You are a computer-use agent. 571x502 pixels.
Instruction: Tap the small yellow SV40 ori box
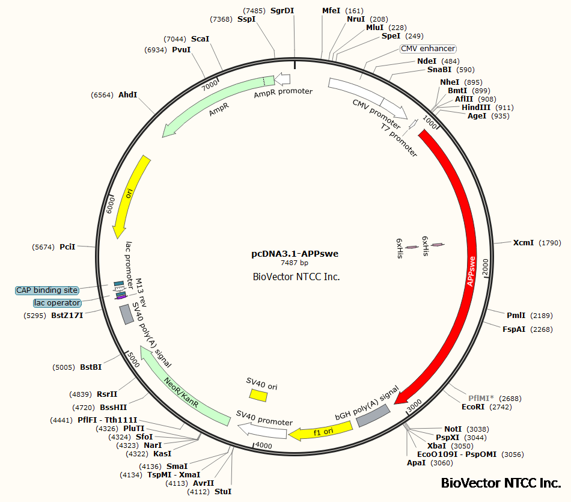point(258,394)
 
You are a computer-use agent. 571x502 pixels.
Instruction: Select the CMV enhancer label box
point(428,48)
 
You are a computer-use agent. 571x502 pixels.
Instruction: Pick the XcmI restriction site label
point(524,243)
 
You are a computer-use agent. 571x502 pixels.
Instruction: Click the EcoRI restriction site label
point(476,407)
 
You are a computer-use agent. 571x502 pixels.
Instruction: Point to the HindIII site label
point(477,108)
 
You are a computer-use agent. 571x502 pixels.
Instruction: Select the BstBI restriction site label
point(91,367)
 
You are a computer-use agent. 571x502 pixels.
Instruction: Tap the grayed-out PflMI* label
point(481,398)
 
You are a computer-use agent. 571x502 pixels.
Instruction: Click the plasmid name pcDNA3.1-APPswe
point(295,254)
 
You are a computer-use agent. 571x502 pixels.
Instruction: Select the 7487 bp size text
point(295,263)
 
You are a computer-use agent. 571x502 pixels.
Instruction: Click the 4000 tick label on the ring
point(264,445)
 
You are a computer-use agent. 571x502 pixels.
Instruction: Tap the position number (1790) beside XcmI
point(550,243)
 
